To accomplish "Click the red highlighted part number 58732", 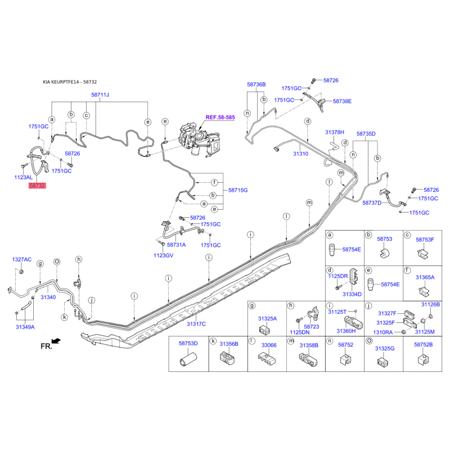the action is pyautogui.click(x=37, y=186).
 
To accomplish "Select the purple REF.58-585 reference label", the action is pyautogui.click(x=220, y=118).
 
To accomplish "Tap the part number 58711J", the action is pyautogui.click(x=100, y=94).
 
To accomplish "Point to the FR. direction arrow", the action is pyautogui.click(x=56, y=341).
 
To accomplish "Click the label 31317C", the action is pyautogui.click(x=196, y=324).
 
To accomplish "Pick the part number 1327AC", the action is pyautogui.click(x=22, y=259).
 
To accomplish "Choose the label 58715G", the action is pyautogui.click(x=238, y=190).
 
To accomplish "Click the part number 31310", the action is pyautogui.click(x=301, y=154).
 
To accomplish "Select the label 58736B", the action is pyautogui.click(x=256, y=84).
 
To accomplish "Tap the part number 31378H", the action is pyautogui.click(x=335, y=132).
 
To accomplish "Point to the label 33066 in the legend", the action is pyautogui.click(x=269, y=345).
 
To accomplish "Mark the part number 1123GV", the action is pyautogui.click(x=164, y=255).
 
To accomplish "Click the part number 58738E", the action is pyautogui.click(x=342, y=101).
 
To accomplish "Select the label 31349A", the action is pyautogui.click(x=25, y=327).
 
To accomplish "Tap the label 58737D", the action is pyautogui.click(x=372, y=203).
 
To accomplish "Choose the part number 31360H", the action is pyautogui.click(x=346, y=331).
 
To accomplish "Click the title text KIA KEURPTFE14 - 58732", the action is pyautogui.click(x=70, y=82).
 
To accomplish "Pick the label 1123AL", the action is pyautogui.click(x=24, y=177).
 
